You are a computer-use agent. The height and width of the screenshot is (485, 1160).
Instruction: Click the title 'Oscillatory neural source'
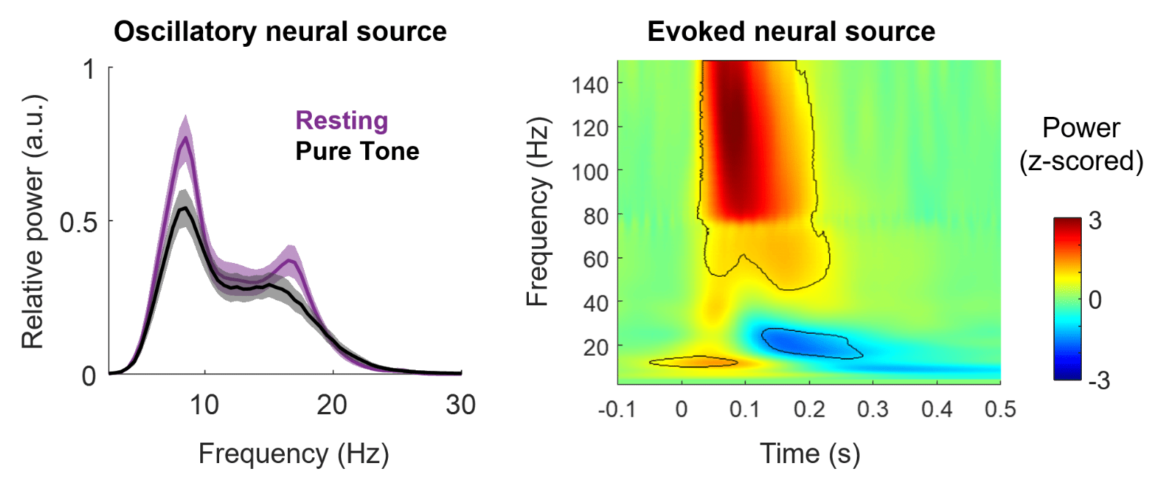(280, 31)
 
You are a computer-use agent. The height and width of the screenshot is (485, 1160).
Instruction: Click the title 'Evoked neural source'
(790, 31)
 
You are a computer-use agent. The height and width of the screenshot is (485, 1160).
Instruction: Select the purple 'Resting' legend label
(341, 121)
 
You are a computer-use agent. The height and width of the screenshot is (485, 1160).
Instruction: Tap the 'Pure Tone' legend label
(357, 151)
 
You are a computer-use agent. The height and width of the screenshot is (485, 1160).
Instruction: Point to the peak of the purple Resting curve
(186, 138)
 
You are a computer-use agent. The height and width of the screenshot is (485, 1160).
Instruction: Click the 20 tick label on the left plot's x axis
(332, 405)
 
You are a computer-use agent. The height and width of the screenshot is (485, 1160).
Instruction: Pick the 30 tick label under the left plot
(460, 405)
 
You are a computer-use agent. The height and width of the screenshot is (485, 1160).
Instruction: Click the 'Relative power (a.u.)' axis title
(33, 222)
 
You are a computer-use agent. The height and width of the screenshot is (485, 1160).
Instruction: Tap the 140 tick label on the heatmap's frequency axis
(589, 85)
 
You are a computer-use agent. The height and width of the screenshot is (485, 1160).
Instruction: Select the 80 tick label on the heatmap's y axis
(595, 216)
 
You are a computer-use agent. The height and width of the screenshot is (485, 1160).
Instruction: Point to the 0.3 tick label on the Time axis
(872, 409)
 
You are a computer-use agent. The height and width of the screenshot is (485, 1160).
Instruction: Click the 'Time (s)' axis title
(809, 454)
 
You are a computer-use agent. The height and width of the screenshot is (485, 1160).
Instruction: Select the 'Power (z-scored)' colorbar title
(1081, 144)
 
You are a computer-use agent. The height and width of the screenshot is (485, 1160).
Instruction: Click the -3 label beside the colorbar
(1097, 380)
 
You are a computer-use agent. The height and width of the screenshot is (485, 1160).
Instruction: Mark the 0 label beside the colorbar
(1095, 299)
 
